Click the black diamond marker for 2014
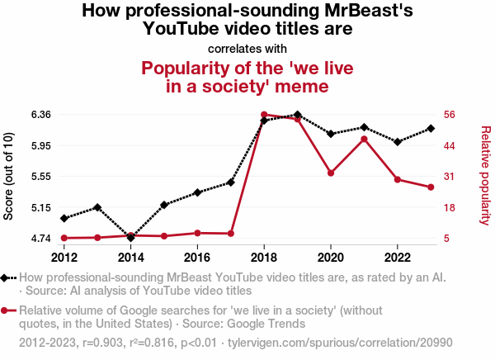tap(130, 238)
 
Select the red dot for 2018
tap(264, 115)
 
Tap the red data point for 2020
tap(331, 173)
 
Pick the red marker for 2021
tap(364, 139)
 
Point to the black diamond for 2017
tap(231, 182)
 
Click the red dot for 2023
tap(431, 187)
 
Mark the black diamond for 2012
tap(64, 218)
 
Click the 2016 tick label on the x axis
tap(197, 256)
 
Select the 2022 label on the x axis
tap(398, 256)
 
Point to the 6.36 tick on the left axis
tap(38, 114)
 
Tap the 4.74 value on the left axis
tap(38, 239)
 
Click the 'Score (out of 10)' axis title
tap(10, 176)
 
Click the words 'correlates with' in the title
tap(247, 48)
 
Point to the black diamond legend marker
tap(7, 278)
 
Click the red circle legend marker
tap(7, 310)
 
